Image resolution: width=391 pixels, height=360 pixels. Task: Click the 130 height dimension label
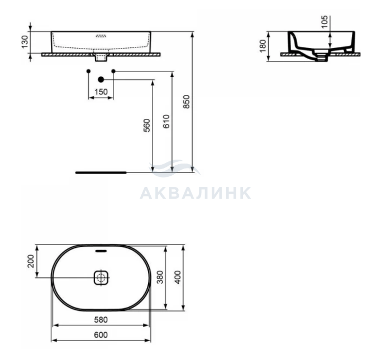25,42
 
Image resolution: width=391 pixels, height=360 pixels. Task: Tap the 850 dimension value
187,102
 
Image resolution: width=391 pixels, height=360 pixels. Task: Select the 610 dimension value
166,121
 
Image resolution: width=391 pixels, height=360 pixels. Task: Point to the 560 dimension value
147,126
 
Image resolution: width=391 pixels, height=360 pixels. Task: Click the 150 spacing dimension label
101,92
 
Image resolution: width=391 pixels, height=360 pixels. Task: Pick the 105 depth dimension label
324,22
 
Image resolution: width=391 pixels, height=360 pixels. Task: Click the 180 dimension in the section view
263,46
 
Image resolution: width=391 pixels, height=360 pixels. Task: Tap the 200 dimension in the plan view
31,261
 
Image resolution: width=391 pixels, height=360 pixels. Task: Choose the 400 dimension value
178,277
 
